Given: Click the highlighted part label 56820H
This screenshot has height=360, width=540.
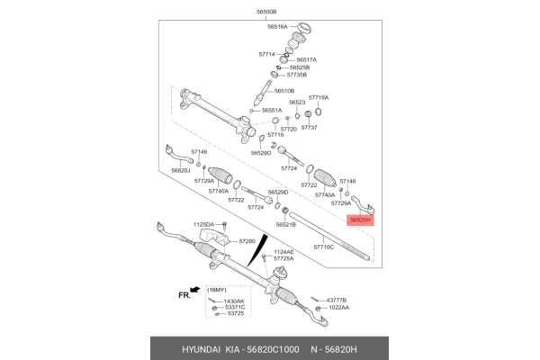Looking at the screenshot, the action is [x=360, y=220].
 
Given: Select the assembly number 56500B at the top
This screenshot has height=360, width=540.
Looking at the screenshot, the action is [x=266, y=12].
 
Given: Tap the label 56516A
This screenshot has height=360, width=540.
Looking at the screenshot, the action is [x=277, y=26].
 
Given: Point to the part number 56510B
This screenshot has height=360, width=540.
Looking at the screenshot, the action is [x=284, y=91].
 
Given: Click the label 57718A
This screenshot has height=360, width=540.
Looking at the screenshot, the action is [x=319, y=97].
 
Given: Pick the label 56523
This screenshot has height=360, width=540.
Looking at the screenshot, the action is [x=297, y=103].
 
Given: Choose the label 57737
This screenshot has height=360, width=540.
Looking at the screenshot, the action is [x=309, y=128].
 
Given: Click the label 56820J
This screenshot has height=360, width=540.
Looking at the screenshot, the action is [x=181, y=170].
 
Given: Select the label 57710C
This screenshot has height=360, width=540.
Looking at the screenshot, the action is [x=324, y=247].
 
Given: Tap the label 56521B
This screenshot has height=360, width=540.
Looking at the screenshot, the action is [x=286, y=225].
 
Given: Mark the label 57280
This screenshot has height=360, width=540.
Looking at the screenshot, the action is [x=247, y=241].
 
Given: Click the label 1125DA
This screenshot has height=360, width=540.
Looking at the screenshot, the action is [x=203, y=225].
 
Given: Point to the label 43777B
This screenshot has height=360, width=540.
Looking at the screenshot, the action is [x=337, y=301].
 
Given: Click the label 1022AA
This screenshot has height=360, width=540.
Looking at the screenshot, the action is [x=339, y=307].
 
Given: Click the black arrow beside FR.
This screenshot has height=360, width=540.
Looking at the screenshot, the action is [x=195, y=290].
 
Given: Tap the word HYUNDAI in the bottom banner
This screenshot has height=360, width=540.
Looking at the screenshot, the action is [x=201, y=350].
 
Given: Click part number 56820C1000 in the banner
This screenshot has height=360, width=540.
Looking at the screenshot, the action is [x=273, y=350].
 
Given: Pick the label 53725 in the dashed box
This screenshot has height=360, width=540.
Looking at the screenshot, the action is [x=234, y=313].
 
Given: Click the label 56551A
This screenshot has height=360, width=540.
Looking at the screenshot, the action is [x=272, y=110].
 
